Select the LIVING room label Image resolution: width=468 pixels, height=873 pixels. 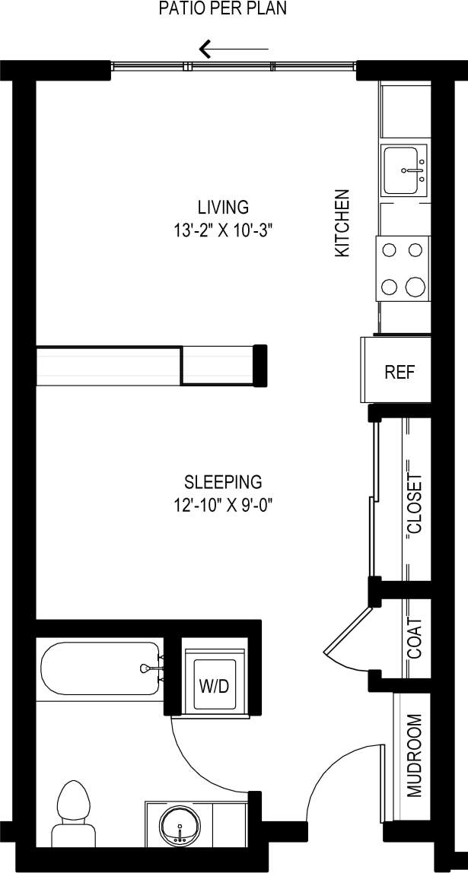click(223, 207)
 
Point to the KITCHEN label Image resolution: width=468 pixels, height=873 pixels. click(343, 222)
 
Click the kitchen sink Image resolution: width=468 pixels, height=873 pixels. click(406, 171)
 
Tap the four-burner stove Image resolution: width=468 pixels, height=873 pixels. click(403, 268)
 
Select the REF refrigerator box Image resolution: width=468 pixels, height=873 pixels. click(400, 373)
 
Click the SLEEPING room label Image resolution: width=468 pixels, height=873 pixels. click(223, 481)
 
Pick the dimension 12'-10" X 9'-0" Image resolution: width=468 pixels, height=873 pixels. click(223, 505)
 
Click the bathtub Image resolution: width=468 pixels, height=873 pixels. click(99, 669)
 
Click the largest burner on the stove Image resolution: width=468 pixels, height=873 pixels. click(415, 287)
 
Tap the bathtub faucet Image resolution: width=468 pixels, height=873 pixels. click(148, 668)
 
